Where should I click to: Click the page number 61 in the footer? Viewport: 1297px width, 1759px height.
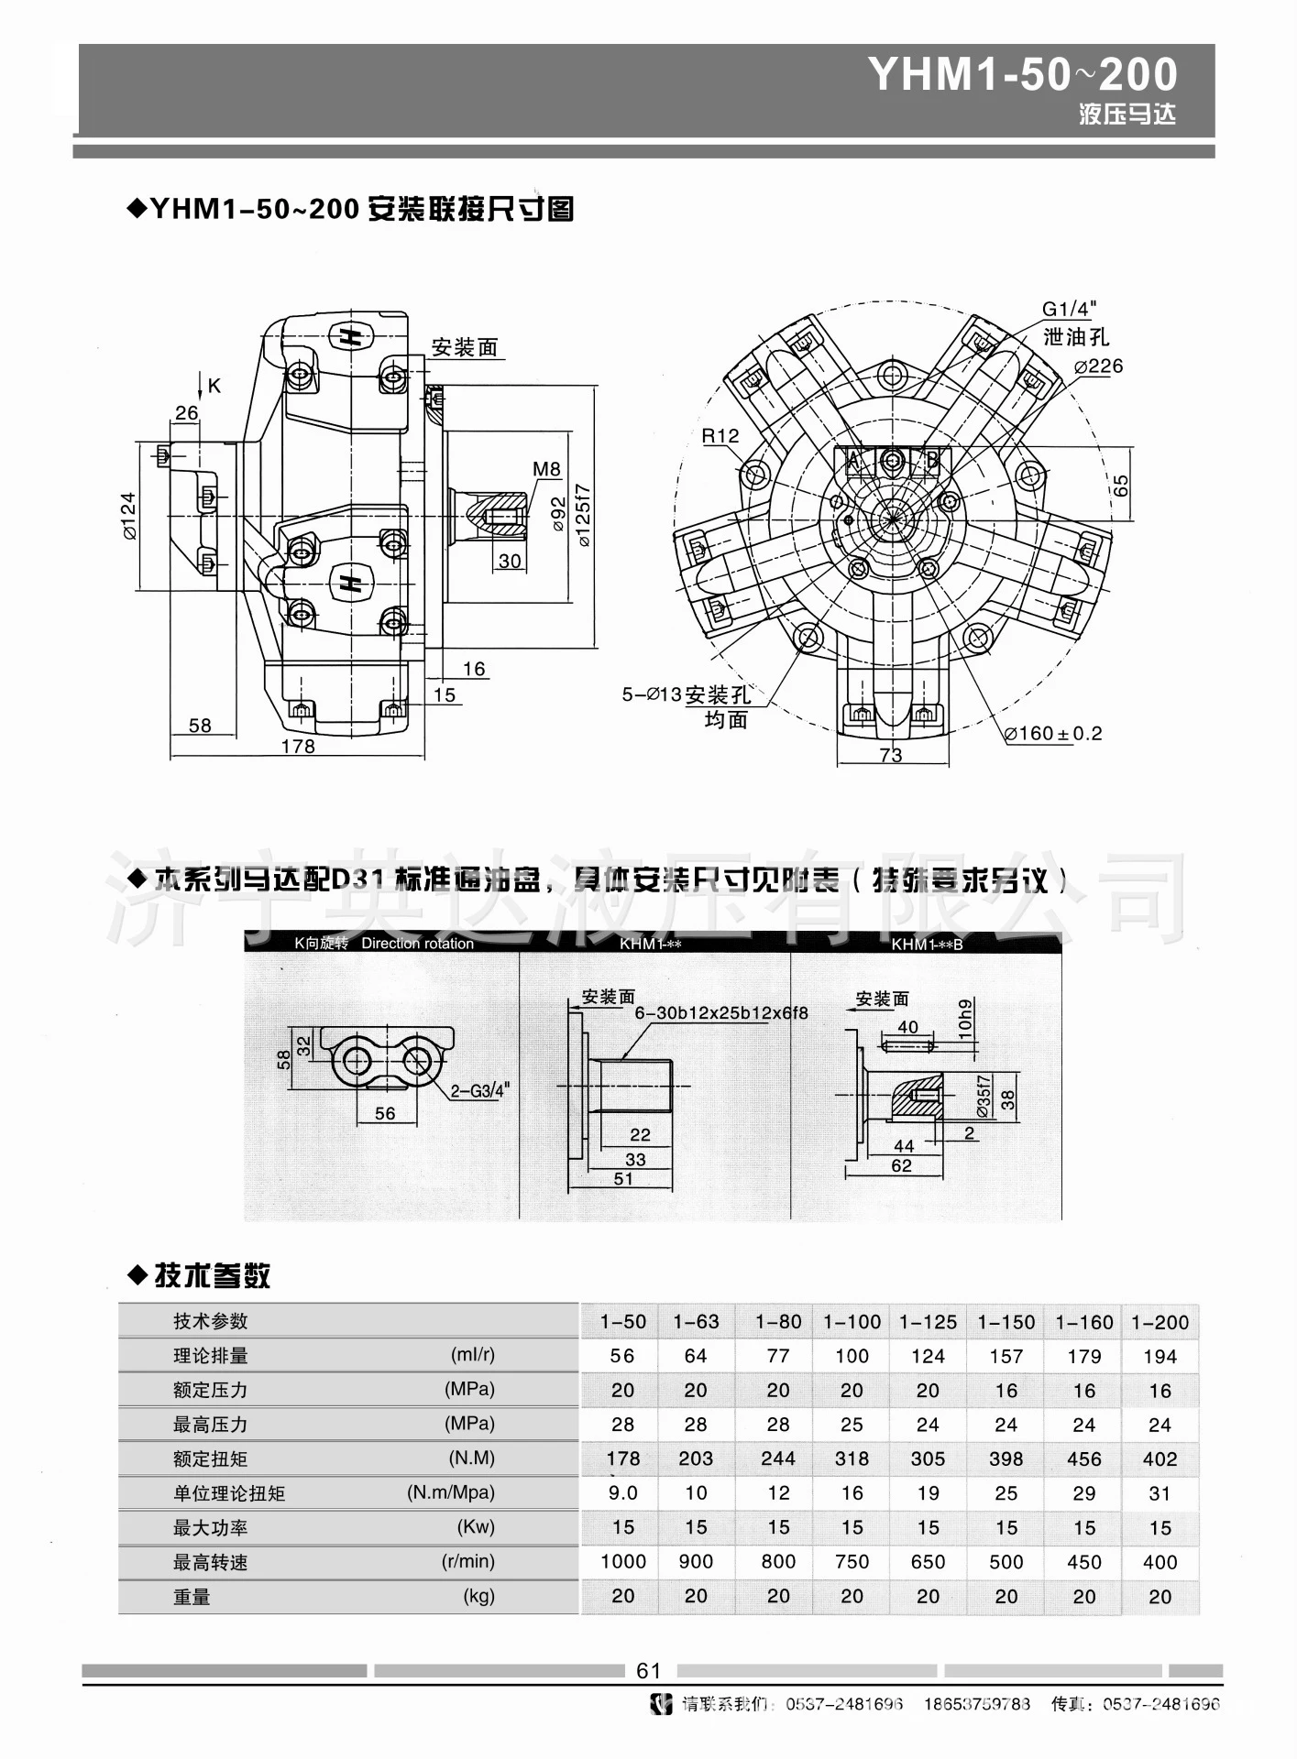(x=648, y=1670)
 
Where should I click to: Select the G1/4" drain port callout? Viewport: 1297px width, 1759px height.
(x=1069, y=310)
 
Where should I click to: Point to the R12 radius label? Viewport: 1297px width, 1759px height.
(x=720, y=436)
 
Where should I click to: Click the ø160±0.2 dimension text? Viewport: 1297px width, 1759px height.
(x=1053, y=734)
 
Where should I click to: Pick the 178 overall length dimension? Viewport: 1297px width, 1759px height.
(x=298, y=747)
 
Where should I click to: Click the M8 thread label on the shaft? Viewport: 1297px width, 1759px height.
(x=546, y=469)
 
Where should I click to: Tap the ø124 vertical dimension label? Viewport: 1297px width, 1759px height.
(x=129, y=516)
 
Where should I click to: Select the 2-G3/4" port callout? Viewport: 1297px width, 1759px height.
(x=478, y=1090)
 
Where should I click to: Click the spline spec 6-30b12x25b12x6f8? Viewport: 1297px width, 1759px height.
(x=721, y=1014)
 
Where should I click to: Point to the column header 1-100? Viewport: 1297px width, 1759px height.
(x=852, y=1322)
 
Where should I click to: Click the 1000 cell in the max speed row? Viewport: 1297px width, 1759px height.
(x=623, y=1561)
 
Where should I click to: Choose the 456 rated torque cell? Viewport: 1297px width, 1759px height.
(x=1083, y=1459)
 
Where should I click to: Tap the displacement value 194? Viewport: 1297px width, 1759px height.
(x=1160, y=1356)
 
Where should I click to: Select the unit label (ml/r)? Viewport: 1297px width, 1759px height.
(x=472, y=1354)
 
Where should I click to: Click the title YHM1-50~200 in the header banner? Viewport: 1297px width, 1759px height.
(x=1022, y=75)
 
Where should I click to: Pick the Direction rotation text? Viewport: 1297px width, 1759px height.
(x=417, y=944)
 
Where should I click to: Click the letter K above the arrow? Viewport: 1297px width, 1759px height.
(x=214, y=386)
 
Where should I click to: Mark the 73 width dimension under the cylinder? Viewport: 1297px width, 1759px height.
(x=890, y=756)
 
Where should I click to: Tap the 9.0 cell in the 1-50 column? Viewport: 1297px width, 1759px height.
(x=622, y=1493)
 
